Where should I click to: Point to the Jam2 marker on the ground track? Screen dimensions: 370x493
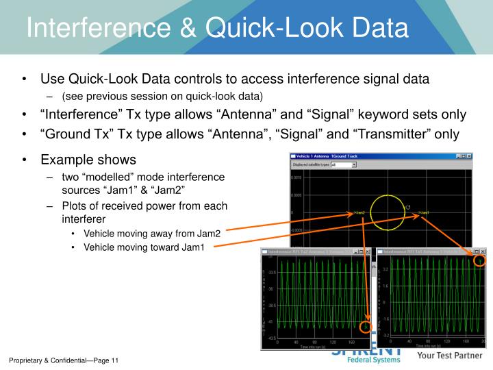tap(359, 213)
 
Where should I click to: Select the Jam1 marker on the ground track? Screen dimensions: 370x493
tap(423, 213)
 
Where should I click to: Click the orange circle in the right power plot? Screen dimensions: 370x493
tap(480, 260)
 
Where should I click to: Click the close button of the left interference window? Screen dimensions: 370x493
tap(367, 252)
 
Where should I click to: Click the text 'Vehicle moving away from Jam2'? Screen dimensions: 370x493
tap(152, 234)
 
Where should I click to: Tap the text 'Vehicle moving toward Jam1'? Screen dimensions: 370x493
tap(144, 247)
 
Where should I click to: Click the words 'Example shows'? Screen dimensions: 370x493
tap(88, 160)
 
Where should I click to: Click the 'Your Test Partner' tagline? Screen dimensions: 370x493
tap(451, 356)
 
